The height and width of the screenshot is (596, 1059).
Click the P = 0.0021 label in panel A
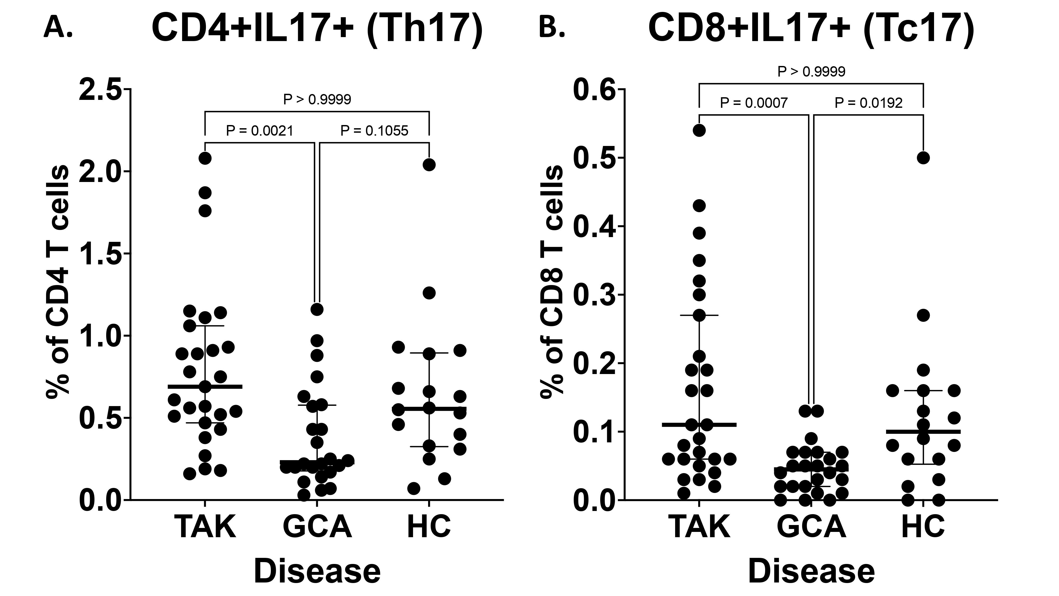click(x=259, y=131)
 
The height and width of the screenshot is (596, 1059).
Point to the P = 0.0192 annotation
click(x=868, y=103)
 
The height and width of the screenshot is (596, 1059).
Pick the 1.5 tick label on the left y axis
click(x=101, y=254)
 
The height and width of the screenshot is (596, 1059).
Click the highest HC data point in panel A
click(x=429, y=164)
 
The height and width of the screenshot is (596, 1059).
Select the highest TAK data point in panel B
click(x=699, y=130)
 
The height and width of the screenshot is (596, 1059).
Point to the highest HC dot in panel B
click(x=923, y=158)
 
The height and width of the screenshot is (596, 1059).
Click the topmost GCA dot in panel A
click(x=317, y=309)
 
